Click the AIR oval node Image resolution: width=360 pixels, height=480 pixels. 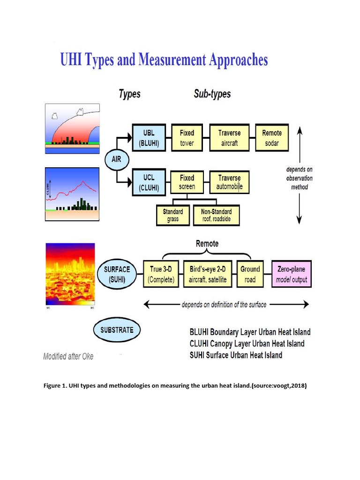coord(116,159)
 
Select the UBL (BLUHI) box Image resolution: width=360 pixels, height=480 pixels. coord(148,138)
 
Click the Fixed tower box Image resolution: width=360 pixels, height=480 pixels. coord(187,138)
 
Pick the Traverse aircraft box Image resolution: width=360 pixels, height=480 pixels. coord(229,138)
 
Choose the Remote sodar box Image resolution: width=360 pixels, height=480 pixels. coord(272,138)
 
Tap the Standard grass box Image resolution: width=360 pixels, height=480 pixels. coord(173,215)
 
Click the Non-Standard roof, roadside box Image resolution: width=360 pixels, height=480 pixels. coord(216,215)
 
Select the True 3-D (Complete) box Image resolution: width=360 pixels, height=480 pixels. coord(161,274)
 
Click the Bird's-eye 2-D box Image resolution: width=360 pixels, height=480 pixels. coord(208,274)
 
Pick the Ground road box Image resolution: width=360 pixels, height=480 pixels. coord(250,274)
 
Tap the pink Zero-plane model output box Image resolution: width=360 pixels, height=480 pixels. coord(291,274)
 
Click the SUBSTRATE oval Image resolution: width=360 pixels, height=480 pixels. coord(117,330)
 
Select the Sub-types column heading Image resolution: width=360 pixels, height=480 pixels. coord(212,94)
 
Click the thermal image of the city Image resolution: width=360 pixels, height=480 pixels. coord(70,274)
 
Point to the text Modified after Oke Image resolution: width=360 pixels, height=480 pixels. coord(68,356)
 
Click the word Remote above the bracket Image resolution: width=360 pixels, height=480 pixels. coord(207,244)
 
